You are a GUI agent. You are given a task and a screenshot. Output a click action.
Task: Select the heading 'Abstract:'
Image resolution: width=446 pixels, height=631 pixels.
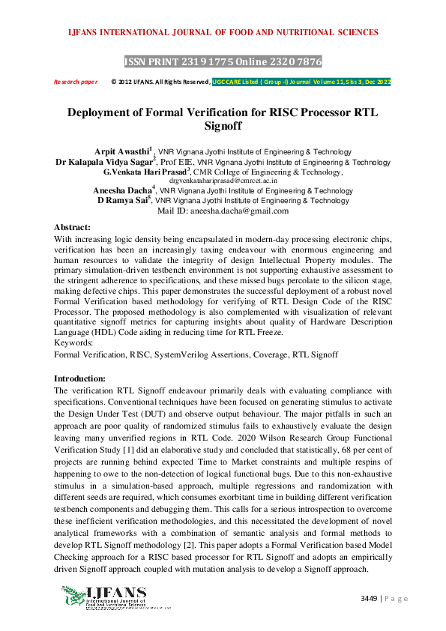coord(73,226)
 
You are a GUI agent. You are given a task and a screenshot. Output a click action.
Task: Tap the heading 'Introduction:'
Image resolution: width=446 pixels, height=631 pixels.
coord(80,379)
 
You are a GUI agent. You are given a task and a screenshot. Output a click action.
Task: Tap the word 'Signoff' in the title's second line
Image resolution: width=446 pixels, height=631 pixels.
coord(223,127)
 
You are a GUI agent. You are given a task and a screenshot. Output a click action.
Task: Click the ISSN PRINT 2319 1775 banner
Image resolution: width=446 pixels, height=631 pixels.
coord(223,61)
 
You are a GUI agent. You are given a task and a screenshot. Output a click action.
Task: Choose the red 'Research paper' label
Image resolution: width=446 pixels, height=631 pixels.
coord(75,82)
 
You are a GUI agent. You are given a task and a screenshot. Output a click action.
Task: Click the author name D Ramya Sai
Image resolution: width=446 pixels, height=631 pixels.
coord(123,201)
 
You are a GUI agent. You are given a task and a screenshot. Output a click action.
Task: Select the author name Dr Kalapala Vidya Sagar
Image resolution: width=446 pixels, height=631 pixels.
coord(104,161)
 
